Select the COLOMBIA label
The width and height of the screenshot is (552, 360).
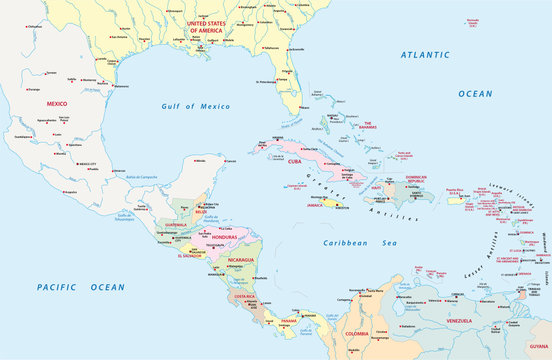point(356,332)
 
